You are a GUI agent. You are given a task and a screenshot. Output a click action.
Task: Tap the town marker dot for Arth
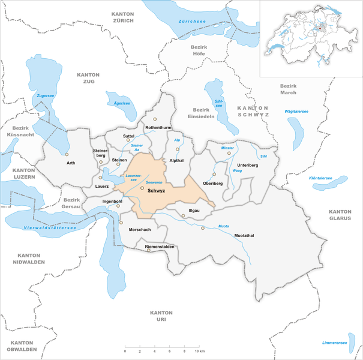[67, 154]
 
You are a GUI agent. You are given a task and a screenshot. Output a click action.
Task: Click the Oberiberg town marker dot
[214, 174]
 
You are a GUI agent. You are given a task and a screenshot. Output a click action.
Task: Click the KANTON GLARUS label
[342, 215]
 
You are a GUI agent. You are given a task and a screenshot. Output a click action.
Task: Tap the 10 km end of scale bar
[198, 347]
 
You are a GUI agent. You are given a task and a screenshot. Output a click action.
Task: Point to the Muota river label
[223, 226]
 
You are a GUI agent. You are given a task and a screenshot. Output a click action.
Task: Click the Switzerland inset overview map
[311, 38]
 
